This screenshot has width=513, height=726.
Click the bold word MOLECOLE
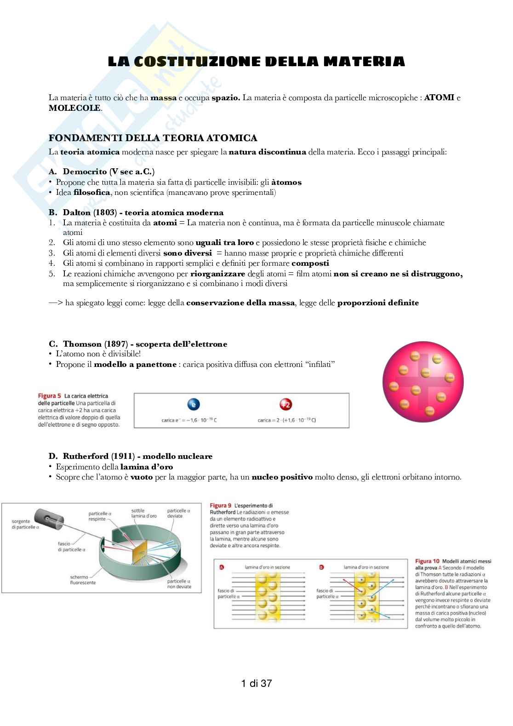[74, 108]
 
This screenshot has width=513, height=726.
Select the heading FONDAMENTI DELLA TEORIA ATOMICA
[153, 138]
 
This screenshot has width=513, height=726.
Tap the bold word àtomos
[286, 182]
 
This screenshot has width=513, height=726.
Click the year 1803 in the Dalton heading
[106, 212]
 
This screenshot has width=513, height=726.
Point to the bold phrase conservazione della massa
[240, 303]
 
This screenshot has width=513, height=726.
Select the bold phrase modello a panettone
[135, 364]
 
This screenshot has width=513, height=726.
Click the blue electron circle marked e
[194, 405]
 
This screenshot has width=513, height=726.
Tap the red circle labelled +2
[286, 405]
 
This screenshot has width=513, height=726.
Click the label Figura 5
[49, 396]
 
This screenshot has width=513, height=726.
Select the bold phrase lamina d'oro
[147, 467]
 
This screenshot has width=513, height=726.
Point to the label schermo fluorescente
[83, 580]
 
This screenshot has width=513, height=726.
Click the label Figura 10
[427, 561]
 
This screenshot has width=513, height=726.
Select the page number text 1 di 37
[256, 684]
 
